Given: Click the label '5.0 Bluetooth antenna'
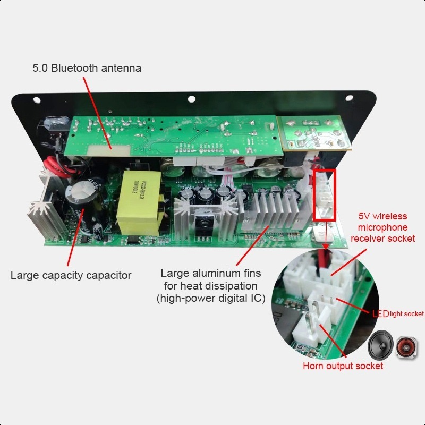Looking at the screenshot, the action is click(87, 68).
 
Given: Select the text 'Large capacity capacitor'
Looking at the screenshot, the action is click(71, 275).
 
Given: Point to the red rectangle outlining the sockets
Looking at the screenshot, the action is click(325, 195).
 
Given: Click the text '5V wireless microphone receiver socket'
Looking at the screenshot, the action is click(382, 227).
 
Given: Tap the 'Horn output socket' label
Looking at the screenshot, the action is click(343, 366).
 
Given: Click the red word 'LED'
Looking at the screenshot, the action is click(380, 313).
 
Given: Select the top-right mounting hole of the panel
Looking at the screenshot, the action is click(348, 98).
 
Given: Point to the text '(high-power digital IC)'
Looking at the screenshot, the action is click(211, 298).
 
